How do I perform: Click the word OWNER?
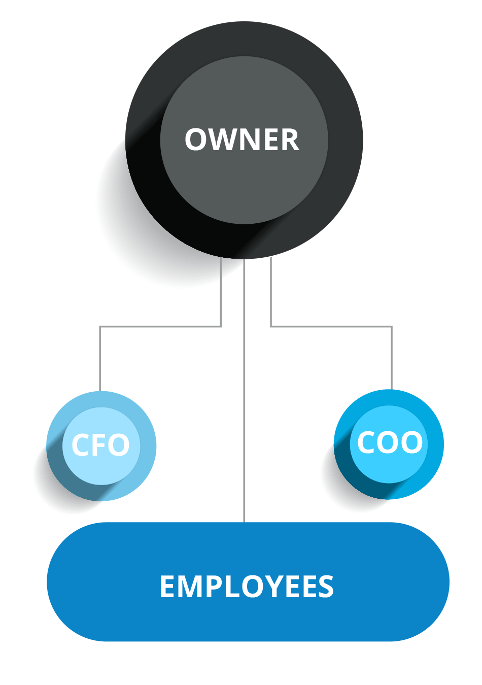[x=242, y=140]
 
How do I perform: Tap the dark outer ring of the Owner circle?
[x=244, y=39]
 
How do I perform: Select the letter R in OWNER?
[x=290, y=140]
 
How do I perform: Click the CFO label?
[x=100, y=446]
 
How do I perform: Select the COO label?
[x=390, y=442]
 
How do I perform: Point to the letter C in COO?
[x=366, y=442]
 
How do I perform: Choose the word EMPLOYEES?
[x=247, y=587]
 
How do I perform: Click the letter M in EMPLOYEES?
[x=187, y=587]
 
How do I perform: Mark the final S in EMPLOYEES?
[x=325, y=587]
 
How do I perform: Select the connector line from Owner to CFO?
[x=160, y=326]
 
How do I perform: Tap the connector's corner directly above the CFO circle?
[x=100, y=327]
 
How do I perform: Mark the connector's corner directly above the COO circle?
[x=392, y=327]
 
